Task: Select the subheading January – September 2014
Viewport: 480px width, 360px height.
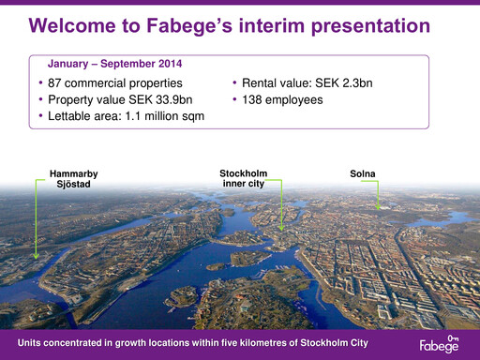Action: (x=114, y=65)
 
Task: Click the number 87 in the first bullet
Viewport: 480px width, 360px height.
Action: (x=55, y=83)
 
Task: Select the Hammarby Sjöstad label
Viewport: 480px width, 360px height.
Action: (x=72, y=179)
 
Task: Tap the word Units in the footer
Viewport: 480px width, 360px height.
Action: (x=32, y=342)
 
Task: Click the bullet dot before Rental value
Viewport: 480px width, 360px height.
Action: (x=233, y=83)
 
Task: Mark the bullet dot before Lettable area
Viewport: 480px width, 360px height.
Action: (x=39, y=115)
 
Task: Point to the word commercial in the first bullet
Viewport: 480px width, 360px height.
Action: (x=104, y=83)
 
